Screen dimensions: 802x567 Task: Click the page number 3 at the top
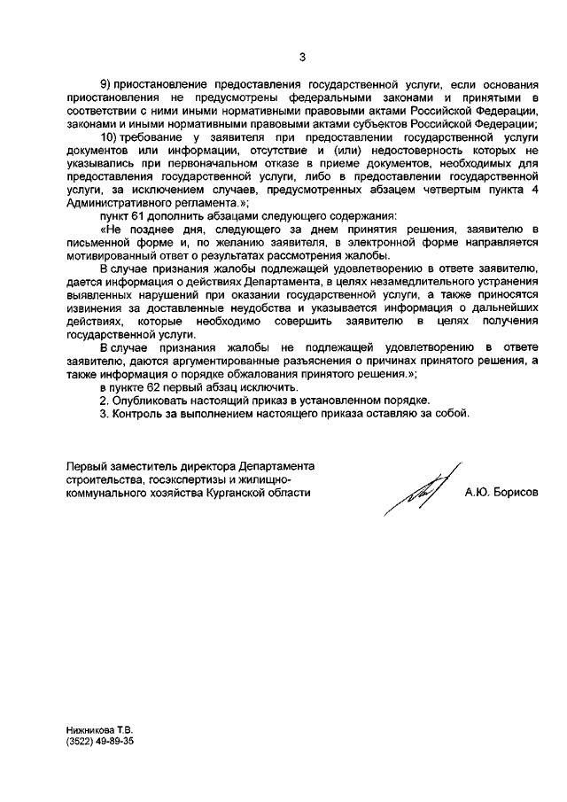click(301, 58)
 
